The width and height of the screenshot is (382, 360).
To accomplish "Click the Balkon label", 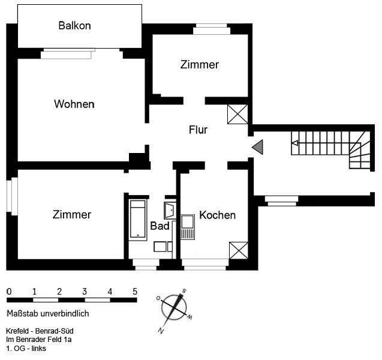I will coord(74,26).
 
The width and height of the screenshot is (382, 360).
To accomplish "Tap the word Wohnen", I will coord(74,104).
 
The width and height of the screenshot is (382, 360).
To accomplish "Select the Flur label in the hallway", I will coord(198,130).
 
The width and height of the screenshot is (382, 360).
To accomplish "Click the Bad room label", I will coord(160,226).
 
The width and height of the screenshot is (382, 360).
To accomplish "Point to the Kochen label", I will coord(217,215).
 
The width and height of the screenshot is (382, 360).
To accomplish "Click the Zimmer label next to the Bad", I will coord(71,215).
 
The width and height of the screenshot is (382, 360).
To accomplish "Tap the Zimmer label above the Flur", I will coord(199,65).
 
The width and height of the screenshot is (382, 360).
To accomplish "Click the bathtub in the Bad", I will coord(138,220).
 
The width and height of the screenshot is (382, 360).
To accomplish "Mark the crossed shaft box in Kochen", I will coord(238,250).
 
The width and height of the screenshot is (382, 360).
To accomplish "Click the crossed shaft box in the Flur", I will coord(237,114).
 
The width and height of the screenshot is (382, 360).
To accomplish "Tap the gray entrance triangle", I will coord(258,146).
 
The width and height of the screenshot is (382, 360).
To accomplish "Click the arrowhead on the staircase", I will coord(294,143).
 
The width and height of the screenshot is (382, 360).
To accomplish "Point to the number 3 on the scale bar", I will coord(85,292).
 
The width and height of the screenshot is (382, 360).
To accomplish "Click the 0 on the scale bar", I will coord(9,292).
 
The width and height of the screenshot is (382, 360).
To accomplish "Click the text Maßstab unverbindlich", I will coord(47,313).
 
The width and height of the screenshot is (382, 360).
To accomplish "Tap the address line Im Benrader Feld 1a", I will coord(38,340).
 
